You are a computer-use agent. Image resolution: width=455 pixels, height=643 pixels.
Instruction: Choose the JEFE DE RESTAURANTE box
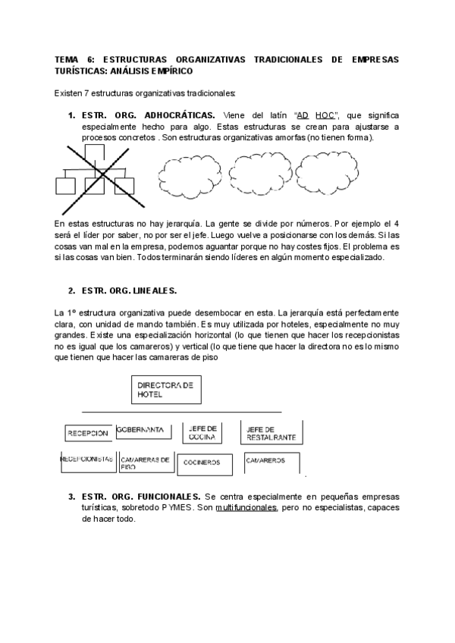271,432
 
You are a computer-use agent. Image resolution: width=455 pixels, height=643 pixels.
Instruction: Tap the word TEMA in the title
67,59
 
